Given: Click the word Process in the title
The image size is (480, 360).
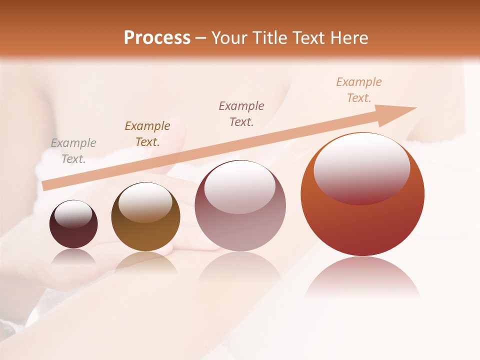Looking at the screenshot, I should pyautogui.click(x=157, y=38).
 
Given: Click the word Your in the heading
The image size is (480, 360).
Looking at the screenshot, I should pyautogui.click(x=231, y=38).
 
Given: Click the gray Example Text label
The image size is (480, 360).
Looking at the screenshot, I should pyautogui.click(x=73, y=151).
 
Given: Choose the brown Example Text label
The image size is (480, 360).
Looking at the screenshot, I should pyautogui.click(x=147, y=134).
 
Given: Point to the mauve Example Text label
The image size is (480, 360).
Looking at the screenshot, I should pyautogui.click(x=241, y=113).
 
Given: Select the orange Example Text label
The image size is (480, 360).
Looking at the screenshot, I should pyautogui.click(x=359, y=90).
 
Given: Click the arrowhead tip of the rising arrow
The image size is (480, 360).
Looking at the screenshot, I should pyautogui.click(x=415, y=108).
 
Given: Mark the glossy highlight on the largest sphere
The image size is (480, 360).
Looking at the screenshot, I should pyautogui.click(x=361, y=168).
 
